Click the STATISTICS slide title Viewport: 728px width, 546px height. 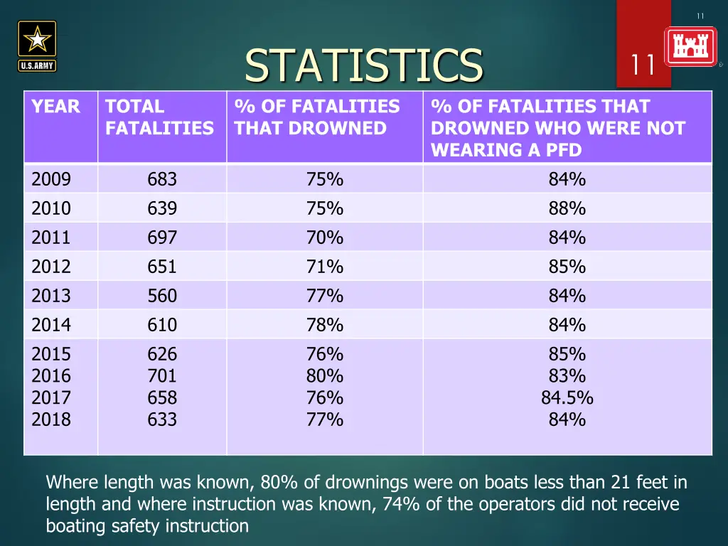[x=363, y=65]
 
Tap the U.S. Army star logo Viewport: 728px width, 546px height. [x=37, y=45]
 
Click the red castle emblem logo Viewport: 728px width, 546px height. [x=690, y=47]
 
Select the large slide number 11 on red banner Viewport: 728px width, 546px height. [x=643, y=65]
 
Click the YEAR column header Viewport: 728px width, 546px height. [x=55, y=107]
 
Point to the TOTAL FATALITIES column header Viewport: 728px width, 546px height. [x=159, y=117]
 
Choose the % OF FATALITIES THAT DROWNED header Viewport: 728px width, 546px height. [x=317, y=117]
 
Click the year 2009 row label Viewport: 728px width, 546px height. [x=51, y=179]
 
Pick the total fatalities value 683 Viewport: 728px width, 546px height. [x=162, y=179]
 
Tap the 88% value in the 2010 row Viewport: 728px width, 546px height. [x=567, y=208]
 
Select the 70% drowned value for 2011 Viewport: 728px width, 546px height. [x=325, y=237]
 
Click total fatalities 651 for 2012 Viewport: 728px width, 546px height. [x=162, y=267]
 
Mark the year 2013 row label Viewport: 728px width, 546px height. [x=51, y=296]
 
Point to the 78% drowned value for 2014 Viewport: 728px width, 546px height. [x=325, y=325]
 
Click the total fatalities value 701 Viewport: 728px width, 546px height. [x=162, y=375]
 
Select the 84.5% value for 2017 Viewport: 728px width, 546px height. [x=567, y=397]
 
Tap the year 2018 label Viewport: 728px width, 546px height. [x=51, y=419]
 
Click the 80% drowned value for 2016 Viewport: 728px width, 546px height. [x=325, y=375]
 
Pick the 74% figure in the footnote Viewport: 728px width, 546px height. [x=397, y=505]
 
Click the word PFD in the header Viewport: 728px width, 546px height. [x=564, y=150]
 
